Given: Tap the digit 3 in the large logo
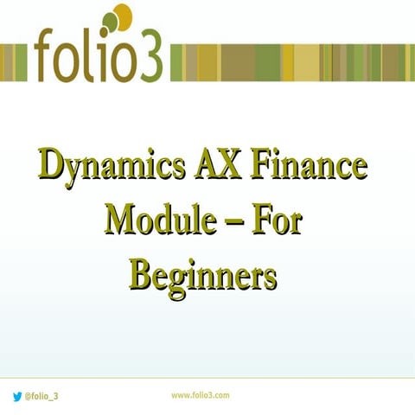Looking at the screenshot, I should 144,58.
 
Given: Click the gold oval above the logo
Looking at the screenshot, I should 123,16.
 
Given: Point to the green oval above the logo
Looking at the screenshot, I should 108,21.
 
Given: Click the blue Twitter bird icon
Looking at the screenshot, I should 16,395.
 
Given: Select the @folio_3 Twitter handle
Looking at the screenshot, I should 43,396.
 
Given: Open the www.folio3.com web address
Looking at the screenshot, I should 200,394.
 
